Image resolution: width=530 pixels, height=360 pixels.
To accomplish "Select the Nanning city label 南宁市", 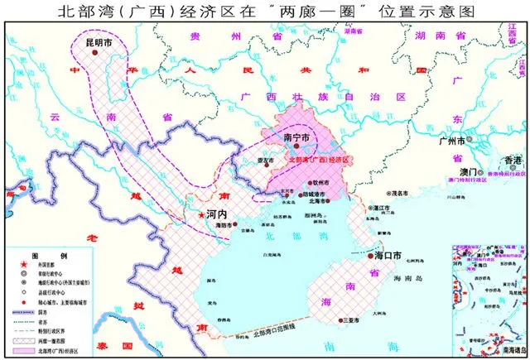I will [x=296, y=137].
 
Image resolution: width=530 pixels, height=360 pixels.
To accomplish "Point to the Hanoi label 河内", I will [x=216, y=214].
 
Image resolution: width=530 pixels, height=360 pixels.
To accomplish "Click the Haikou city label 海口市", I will [x=384, y=257].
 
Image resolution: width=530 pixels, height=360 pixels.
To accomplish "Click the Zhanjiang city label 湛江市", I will [x=382, y=209].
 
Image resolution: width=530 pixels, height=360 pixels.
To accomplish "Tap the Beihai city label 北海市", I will [x=316, y=199].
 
